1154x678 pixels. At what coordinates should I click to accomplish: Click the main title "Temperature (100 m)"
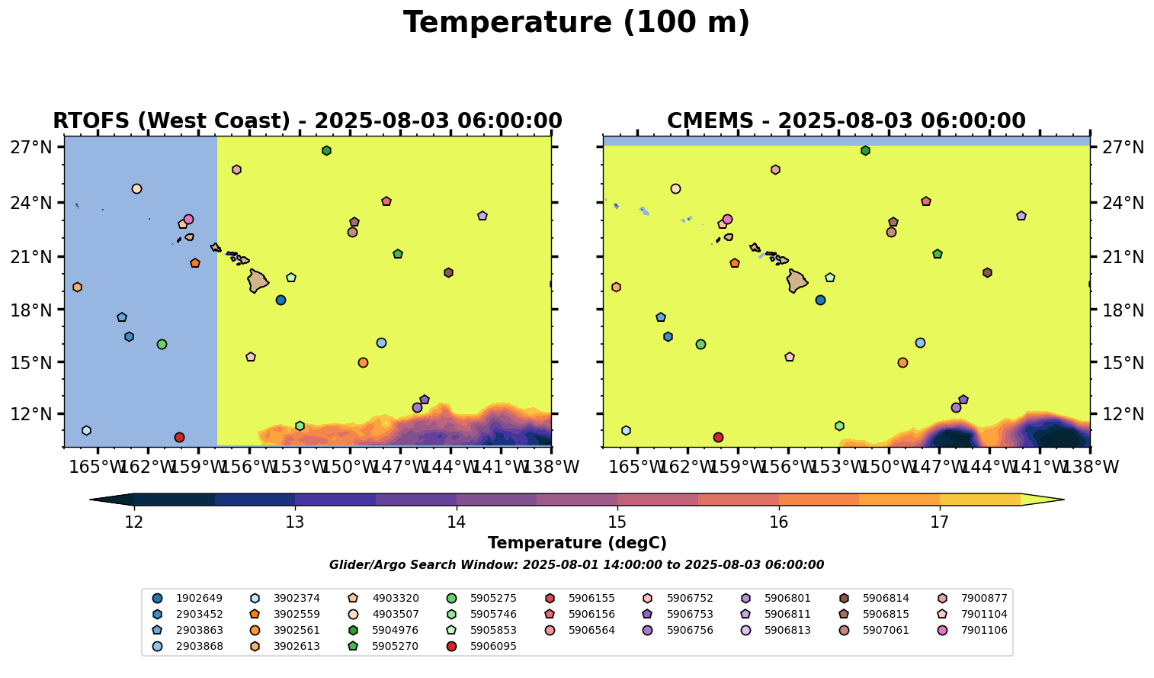tap(576, 23)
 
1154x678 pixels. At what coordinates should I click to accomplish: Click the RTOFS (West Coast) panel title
tap(307, 121)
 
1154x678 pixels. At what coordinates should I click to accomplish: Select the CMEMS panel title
tap(846, 121)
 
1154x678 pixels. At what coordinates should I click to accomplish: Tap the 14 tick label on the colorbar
tap(456, 522)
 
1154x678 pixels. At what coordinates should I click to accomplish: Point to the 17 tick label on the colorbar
tap(939, 522)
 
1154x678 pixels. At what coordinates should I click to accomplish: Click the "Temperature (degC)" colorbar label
tap(576, 543)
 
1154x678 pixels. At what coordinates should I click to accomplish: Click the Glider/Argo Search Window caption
tap(576, 565)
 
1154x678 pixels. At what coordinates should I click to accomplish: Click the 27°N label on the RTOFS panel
tap(30, 147)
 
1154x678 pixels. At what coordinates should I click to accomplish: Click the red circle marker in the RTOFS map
tap(179, 437)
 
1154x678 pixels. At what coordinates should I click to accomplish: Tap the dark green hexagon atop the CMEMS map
tap(865, 150)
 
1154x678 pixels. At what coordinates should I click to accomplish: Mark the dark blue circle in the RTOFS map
tap(280, 300)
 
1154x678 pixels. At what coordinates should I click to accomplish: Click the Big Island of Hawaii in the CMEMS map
tap(797, 281)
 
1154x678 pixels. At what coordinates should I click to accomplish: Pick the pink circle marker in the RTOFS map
tap(188, 219)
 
